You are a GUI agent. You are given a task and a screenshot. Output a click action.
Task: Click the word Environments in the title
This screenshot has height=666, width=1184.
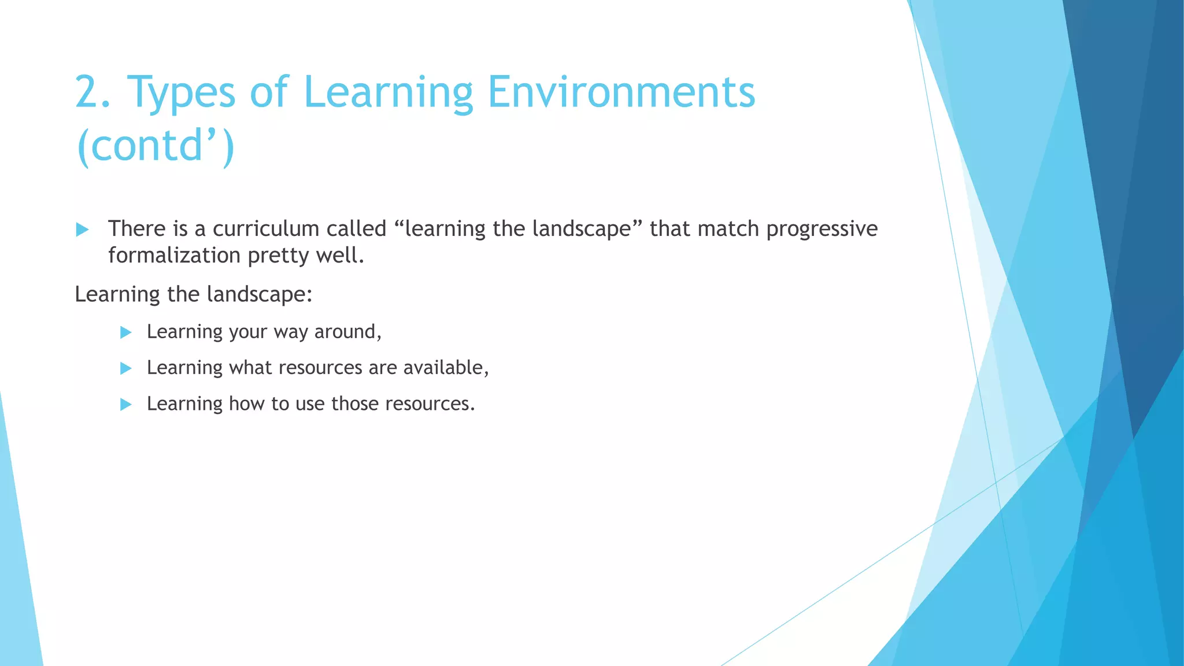[x=621, y=92]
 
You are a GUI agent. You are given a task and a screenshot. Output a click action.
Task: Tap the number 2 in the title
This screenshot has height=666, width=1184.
[x=88, y=92]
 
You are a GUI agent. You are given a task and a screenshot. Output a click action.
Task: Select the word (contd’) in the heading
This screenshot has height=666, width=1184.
[x=155, y=146]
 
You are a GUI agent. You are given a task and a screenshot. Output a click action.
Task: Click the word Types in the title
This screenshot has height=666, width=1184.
[x=181, y=92]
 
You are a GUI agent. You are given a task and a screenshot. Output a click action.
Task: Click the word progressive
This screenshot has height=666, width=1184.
[x=822, y=229]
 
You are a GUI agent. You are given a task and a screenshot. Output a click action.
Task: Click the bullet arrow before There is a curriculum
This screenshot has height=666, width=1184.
[x=82, y=230]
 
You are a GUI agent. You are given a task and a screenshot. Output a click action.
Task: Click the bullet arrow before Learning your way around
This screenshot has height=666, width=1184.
[x=125, y=332]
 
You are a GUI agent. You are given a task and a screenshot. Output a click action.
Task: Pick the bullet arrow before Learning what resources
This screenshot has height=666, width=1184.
[x=125, y=368]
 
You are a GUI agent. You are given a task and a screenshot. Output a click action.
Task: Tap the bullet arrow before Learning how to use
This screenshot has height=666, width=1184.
[x=125, y=405]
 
